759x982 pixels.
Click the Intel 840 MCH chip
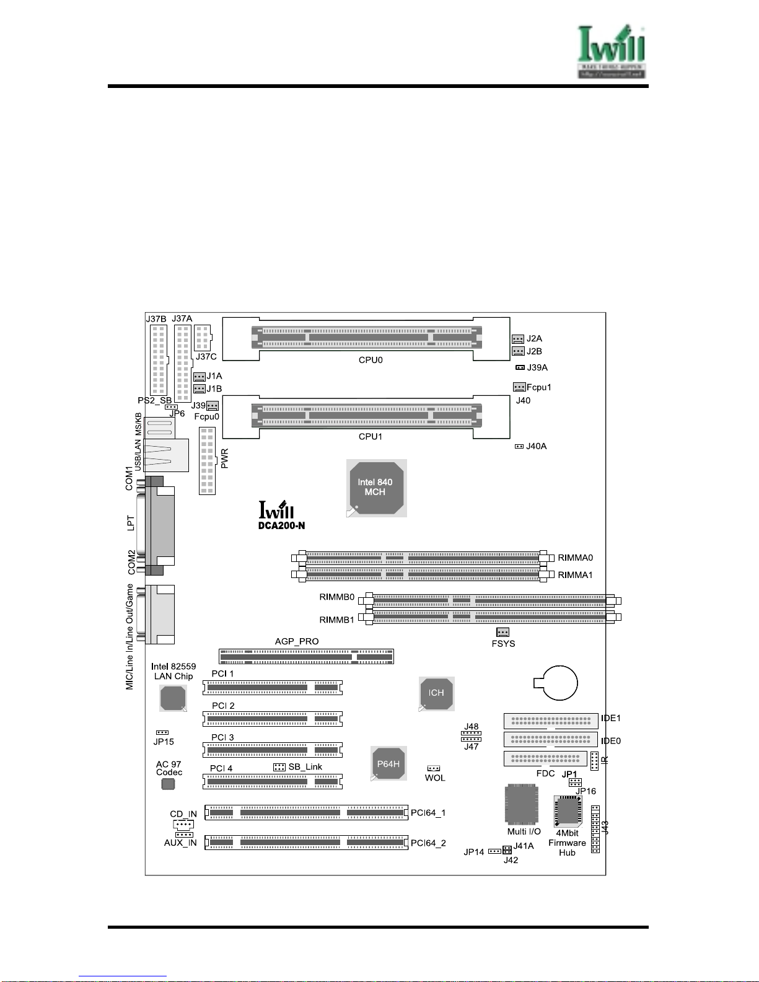[375, 488]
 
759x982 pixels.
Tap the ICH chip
[436, 693]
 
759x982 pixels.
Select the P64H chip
[388, 765]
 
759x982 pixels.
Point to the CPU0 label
[371, 360]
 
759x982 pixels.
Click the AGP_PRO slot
[306, 656]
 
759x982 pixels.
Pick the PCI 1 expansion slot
[273, 688]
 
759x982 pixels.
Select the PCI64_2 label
[428, 843]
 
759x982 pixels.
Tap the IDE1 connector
[550, 721]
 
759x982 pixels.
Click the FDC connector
[545, 758]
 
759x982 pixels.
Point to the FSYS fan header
[502, 632]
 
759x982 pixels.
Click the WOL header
[434, 769]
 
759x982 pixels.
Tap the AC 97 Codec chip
[168, 784]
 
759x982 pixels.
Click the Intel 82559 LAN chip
[173, 699]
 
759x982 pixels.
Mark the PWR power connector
[207, 460]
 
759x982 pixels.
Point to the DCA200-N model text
[281, 526]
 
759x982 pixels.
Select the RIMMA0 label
[575, 558]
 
